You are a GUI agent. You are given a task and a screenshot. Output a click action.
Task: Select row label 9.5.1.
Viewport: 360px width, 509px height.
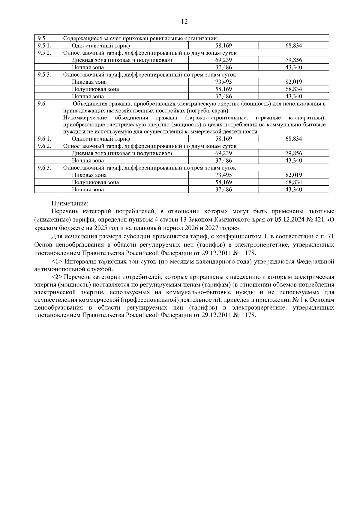pyautogui.click(x=44, y=46)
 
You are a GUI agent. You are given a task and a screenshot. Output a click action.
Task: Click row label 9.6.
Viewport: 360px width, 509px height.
pyautogui.click(x=42, y=104)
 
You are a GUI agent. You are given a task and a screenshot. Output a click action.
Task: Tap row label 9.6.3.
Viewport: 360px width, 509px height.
pyautogui.click(x=44, y=168)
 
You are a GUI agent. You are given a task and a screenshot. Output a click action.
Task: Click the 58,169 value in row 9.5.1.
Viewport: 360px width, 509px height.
pyautogui.click(x=223, y=46)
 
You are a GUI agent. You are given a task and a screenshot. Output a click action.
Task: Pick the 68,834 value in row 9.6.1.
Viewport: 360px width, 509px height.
pyautogui.click(x=293, y=139)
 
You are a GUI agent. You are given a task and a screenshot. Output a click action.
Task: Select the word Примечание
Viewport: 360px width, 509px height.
pyautogui.click(x=70, y=204)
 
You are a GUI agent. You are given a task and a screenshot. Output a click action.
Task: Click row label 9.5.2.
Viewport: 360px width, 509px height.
pyautogui.click(x=44, y=53)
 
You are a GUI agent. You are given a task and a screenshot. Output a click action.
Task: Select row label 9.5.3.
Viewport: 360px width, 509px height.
pyautogui.click(x=44, y=75)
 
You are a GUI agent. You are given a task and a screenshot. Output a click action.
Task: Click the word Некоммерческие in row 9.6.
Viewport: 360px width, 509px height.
pyautogui.click(x=85, y=117)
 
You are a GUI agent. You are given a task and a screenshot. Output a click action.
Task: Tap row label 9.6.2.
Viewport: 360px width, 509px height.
pyautogui.click(x=44, y=146)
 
